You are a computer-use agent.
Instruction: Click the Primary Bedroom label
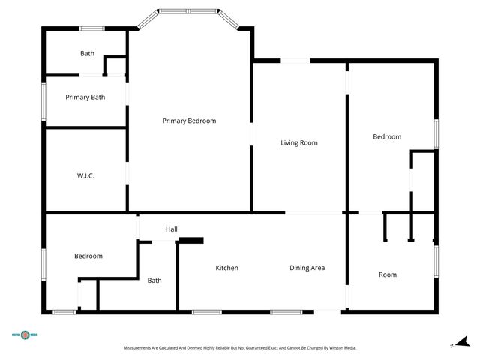[189, 121]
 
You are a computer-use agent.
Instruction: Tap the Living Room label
[299, 142]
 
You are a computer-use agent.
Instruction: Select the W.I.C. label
[85, 175]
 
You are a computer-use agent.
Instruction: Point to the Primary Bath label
[85, 97]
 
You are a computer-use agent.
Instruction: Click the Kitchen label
[226, 268]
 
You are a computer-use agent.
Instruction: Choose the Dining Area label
[307, 268]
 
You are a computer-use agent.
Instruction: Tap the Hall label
[172, 229]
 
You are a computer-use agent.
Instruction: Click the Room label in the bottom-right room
[387, 274]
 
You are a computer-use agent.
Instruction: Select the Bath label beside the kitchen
[154, 280]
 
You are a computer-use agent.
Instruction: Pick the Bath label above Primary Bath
[88, 53]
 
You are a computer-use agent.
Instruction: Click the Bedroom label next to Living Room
[387, 136]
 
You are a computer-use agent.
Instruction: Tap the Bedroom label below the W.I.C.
[88, 256]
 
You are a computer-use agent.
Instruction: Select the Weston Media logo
[25, 335]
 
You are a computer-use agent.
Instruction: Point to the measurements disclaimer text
[239, 348]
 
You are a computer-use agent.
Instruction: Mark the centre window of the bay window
[188, 11]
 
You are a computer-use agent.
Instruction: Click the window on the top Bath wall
[91, 29]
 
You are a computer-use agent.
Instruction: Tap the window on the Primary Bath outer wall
[43, 97]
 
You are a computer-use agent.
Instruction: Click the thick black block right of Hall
[191, 240]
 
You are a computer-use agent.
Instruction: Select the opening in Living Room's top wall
[295, 61]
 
